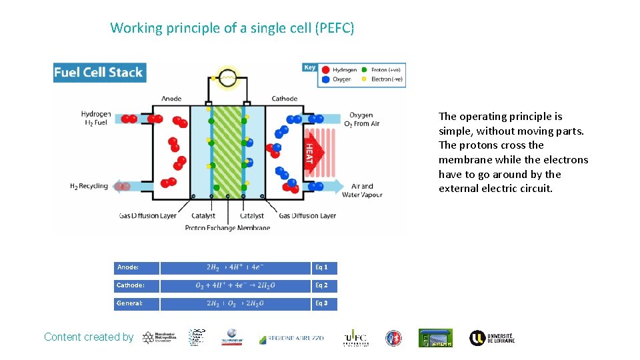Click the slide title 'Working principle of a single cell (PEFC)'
232,28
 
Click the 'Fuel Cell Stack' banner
99,73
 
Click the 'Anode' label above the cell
171,99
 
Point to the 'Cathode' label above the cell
285,99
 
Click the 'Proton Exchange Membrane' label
227,227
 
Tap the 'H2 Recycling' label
89,186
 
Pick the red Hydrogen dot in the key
326,69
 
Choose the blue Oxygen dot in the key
326,79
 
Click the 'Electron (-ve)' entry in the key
387,79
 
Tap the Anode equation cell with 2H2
235,267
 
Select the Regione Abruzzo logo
291,339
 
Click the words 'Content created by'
89,337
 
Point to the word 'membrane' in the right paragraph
464,160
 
